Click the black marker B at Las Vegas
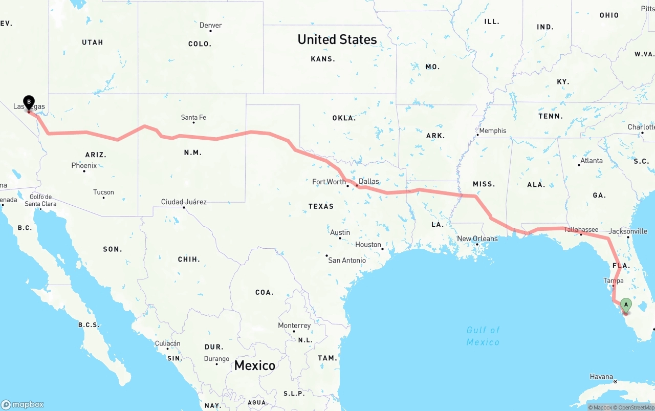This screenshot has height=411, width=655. [x=29, y=102]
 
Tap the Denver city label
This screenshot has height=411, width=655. [x=211, y=25]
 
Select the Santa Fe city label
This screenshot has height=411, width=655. [x=193, y=117]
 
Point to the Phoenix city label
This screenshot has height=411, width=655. [x=84, y=165]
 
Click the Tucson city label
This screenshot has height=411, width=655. [x=103, y=192]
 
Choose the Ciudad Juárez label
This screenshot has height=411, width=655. [x=184, y=202]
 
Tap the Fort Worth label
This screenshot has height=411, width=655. [x=329, y=182]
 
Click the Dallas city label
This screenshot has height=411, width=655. [x=369, y=181]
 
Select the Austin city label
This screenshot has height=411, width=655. [x=340, y=232]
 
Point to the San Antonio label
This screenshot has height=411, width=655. [x=347, y=260]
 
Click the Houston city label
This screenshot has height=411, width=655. [x=368, y=245]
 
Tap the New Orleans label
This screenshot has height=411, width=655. [x=477, y=239]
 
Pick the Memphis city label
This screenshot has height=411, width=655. [x=493, y=131]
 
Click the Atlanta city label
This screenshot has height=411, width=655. [x=592, y=160]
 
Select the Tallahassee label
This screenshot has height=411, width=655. [x=581, y=229]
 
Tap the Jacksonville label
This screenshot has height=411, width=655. [x=628, y=231]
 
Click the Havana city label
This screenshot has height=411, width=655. [x=601, y=377]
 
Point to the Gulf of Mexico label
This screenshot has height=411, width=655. [x=483, y=336]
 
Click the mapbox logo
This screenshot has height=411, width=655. [x=23, y=404]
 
